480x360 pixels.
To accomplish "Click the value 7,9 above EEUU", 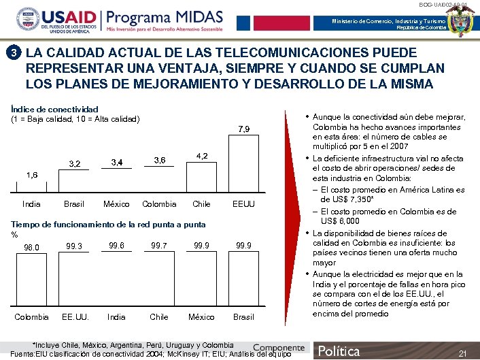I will coord(243,129).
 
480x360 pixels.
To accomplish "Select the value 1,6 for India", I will coord(32,175).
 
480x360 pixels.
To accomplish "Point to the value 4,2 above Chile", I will coord(202,156).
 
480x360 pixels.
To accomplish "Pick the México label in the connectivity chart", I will coord(116,203).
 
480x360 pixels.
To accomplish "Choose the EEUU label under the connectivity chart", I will coord(243,203).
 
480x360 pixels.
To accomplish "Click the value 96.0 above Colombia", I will coord(31,247).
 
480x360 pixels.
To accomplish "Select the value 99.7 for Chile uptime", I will coord(159,245).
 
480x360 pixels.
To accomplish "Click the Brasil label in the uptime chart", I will coord(243,317).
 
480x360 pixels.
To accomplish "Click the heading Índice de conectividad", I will coord(55,109).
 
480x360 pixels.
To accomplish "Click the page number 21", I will coord(462,353).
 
